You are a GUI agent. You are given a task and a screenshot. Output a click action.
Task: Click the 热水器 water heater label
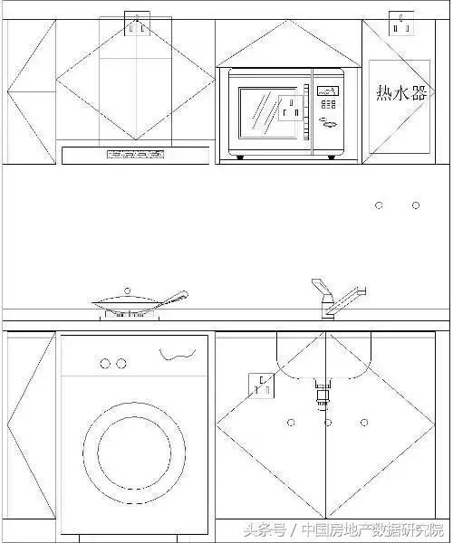(401, 93)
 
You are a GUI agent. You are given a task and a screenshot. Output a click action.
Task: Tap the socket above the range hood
(137, 24)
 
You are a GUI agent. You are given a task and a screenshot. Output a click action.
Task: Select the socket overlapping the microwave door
(291, 108)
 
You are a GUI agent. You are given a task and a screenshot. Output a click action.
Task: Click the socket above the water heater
(401, 24)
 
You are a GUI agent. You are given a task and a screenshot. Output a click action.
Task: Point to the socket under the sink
(262, 386)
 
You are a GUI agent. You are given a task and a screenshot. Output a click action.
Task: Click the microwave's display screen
(328, 91)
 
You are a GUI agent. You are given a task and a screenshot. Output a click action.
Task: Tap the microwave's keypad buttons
(328, 104)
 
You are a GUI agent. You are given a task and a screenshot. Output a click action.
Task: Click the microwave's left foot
(240, 157)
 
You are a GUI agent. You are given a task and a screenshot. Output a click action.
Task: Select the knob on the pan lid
(127, 291)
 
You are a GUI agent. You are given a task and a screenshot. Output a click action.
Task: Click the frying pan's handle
(176, 298)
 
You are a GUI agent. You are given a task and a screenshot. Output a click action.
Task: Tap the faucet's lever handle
(321, 287)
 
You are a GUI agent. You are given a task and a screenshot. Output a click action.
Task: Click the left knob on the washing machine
(105, 364)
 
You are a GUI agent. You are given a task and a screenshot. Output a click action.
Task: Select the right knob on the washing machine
(121, 364)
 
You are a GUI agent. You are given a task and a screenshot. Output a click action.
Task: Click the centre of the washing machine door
(134, 452)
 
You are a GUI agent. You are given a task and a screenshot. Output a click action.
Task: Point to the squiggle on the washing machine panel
(178, 354)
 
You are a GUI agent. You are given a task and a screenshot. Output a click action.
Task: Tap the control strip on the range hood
(135, 155)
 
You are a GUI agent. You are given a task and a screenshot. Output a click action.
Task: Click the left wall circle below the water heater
(380, 205)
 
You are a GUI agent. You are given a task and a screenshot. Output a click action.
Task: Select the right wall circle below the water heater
(416, 205)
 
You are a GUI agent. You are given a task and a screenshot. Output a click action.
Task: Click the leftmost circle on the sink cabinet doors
(291, 423)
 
